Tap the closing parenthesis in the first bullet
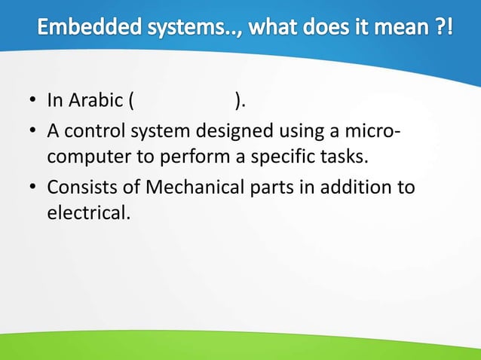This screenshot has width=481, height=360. coord(238,101)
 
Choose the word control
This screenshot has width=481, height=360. coord(93,133)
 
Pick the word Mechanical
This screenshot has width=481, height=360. coord(196,186)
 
